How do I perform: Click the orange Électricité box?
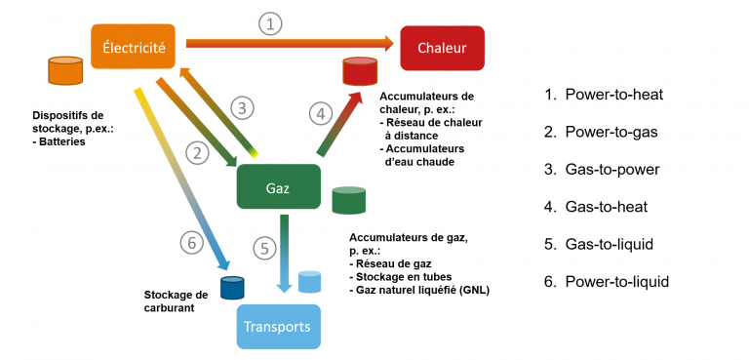[x=134, y=47]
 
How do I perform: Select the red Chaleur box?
[x=442, y=48]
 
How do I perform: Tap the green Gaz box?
[x=279, y=186]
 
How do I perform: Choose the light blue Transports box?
[x=279, y=327]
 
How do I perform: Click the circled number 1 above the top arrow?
[x=271, y=24]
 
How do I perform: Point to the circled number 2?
[x=198, y=153]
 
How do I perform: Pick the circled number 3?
[x=242, y=108]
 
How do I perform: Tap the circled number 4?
[x=320, y=114]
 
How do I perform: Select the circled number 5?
[x=264, y=248]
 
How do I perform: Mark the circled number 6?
[x=191, y=243]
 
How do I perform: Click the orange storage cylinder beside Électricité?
[x=65, y=71]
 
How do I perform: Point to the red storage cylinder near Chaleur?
[x=360, y=71]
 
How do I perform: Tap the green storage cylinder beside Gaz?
[x=349, y=200]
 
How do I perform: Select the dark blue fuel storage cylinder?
[x=232, y=288]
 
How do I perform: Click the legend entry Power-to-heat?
[x=604, y=95]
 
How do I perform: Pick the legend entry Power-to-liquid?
[x=607, y=282]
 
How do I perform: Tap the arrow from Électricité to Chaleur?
[x=290, y=44]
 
